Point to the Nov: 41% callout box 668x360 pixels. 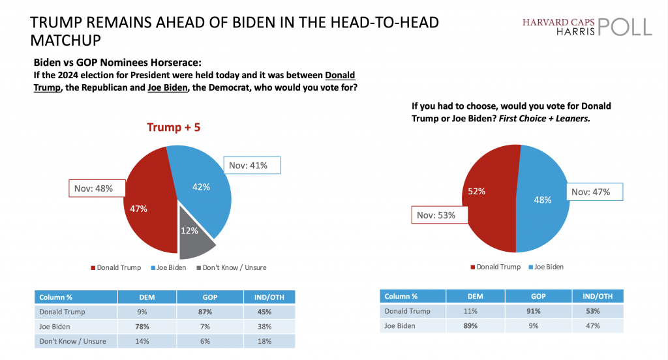(x=252, y=166)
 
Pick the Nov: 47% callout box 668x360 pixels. (x=594, y=192)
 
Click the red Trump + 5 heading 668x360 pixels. (x=174, y=127)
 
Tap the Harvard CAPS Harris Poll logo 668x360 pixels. (x=586, y=27)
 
